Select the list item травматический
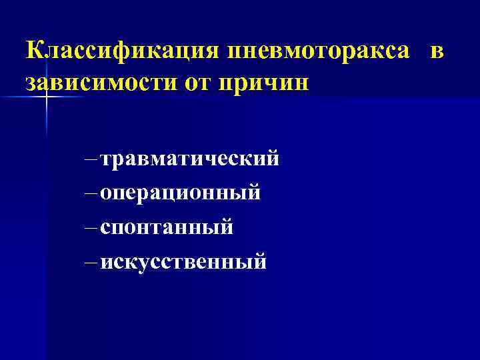pyautogui.click(x=190, y=160)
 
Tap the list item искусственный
pyautogui.click(x=183, y=261)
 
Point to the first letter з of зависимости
pyautogui.click(x=30, y=85)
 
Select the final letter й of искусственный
pyautogui.click(x=259, y=261)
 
